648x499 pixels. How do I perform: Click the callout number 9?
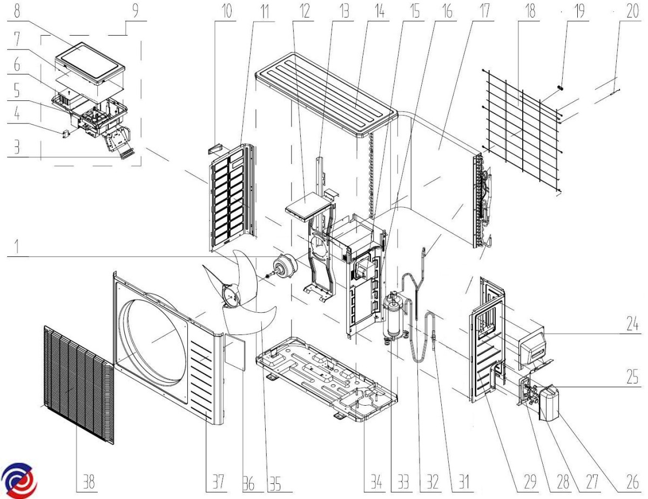133,12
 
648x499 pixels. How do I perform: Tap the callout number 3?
18,149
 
